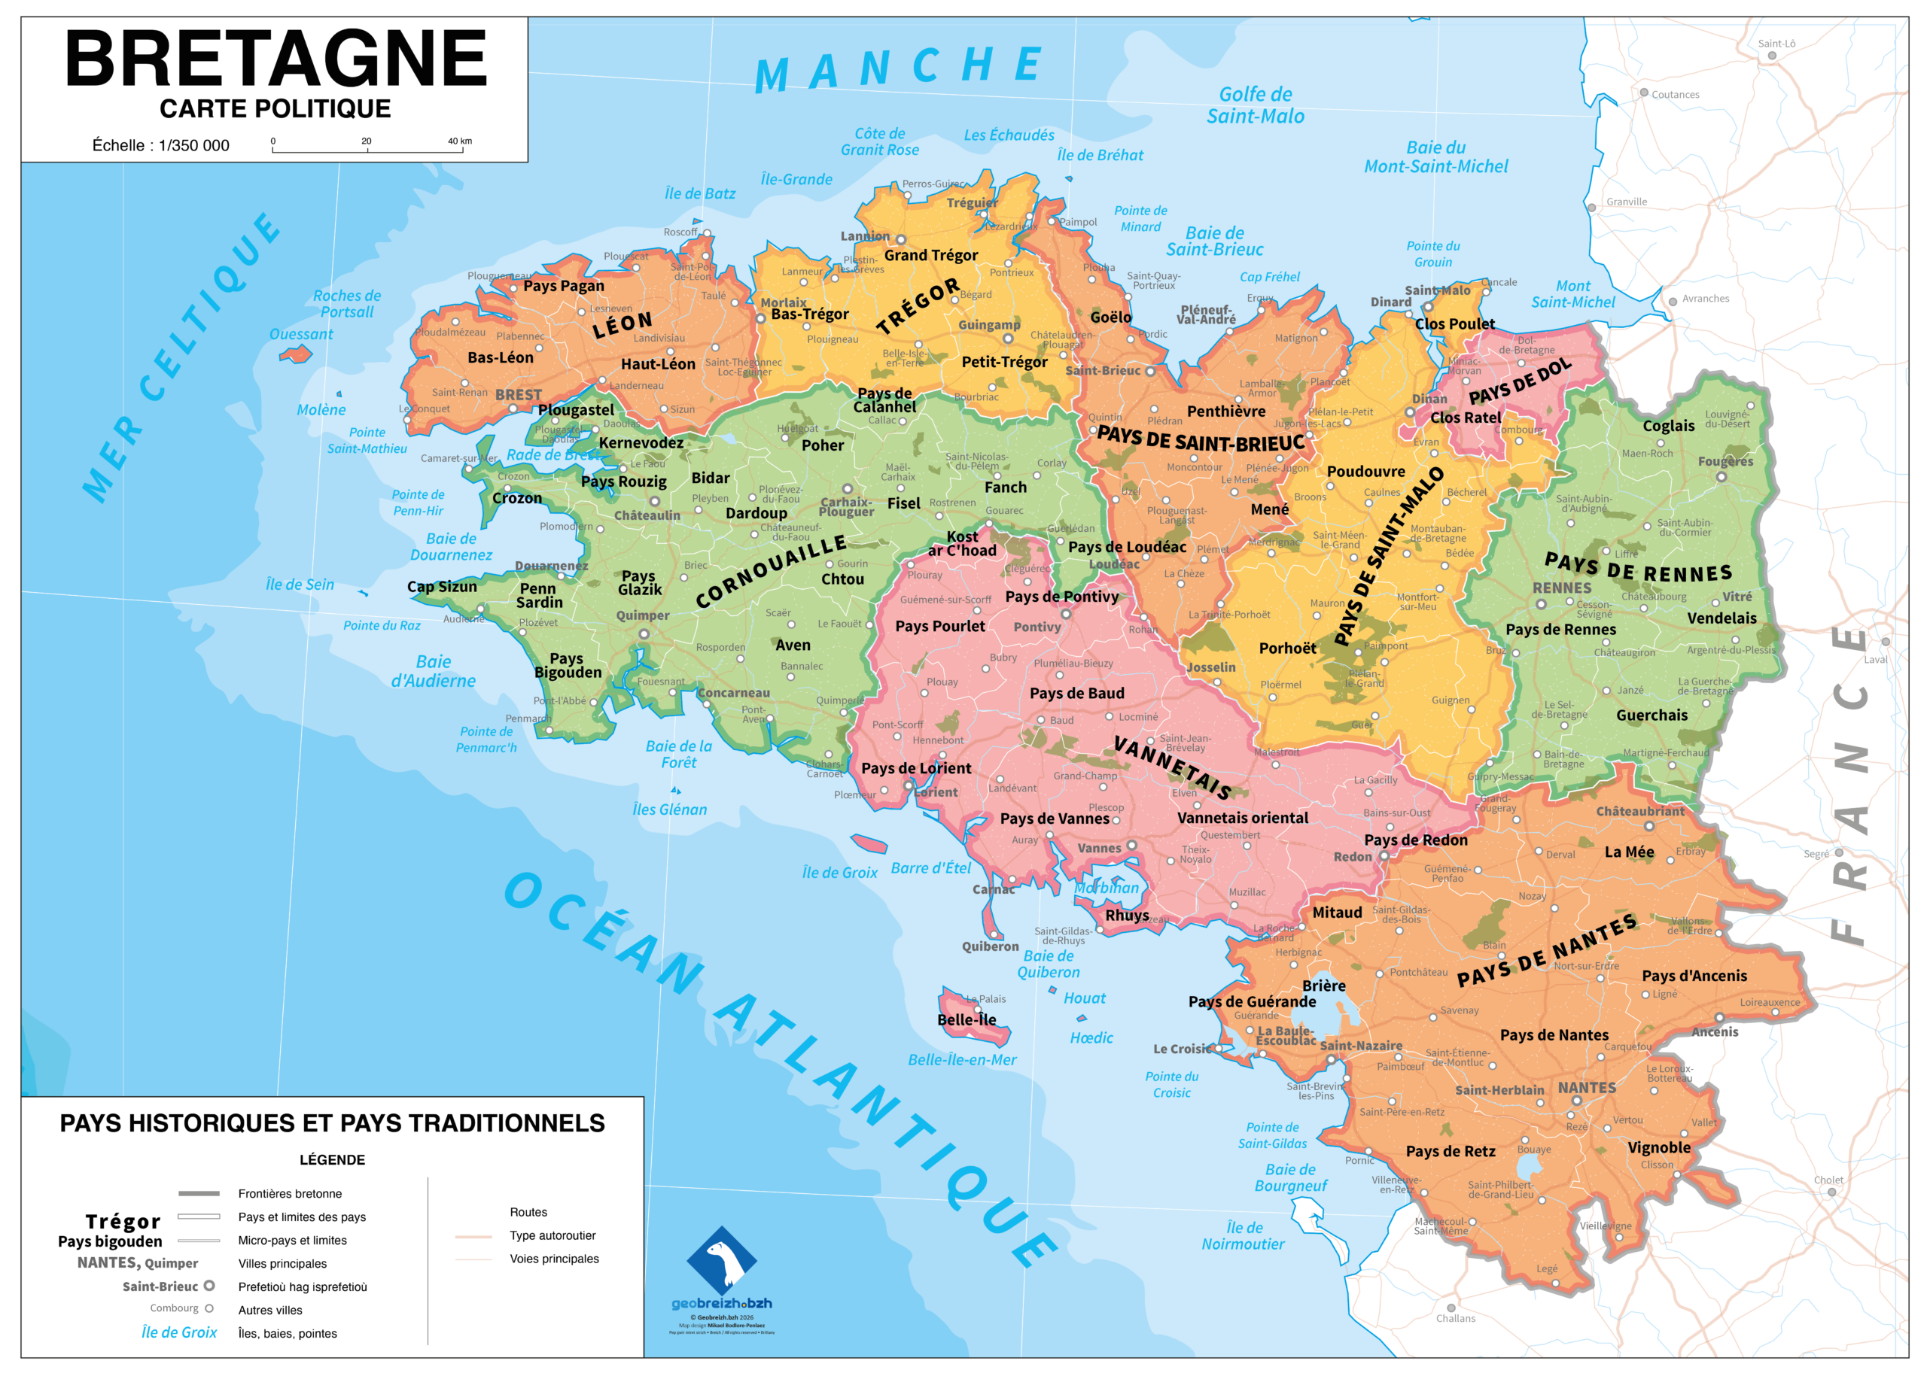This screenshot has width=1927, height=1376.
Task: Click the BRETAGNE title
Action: coord(276,58)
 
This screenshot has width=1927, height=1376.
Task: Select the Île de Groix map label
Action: coord(839,873)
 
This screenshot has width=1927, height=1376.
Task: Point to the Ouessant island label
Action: coord(301,335)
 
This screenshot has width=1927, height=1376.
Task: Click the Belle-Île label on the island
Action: coord(967,1019)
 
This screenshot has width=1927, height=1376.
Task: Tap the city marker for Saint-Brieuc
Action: coord(1150,371)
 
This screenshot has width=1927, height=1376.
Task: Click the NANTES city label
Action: coord(1586,1088)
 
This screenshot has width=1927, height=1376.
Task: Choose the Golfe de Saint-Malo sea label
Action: coord(1256,105)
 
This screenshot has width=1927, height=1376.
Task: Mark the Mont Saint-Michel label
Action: coord(1572,294)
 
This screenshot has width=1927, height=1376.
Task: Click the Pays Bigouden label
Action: coord(567,665)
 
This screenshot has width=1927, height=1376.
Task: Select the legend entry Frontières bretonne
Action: coord(290,1194)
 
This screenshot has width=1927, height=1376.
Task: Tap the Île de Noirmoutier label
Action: coord(1243,1235)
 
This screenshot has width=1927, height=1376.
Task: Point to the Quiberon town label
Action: coord(989,946)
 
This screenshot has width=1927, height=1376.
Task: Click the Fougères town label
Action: coord(1725,462)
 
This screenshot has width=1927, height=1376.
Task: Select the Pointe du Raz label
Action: coord(382,625)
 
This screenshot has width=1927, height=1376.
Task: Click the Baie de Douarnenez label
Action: coord(451,546)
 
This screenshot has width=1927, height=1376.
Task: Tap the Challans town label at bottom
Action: coord(1455,1318)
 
